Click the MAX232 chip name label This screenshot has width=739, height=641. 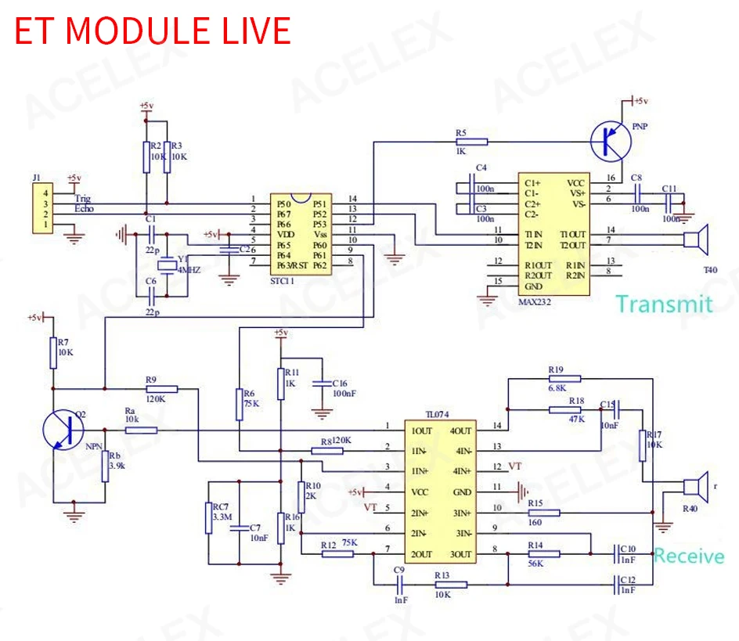tap(535, 301)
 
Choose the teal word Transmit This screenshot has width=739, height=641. tap(664, 304)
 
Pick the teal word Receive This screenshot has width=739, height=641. tap(689, 556)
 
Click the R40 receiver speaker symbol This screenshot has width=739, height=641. tap(694, 487)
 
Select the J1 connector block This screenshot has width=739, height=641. tap(41, 209)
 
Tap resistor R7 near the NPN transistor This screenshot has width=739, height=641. tap(53, 352)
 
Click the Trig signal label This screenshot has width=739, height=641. tap(82, 199)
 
